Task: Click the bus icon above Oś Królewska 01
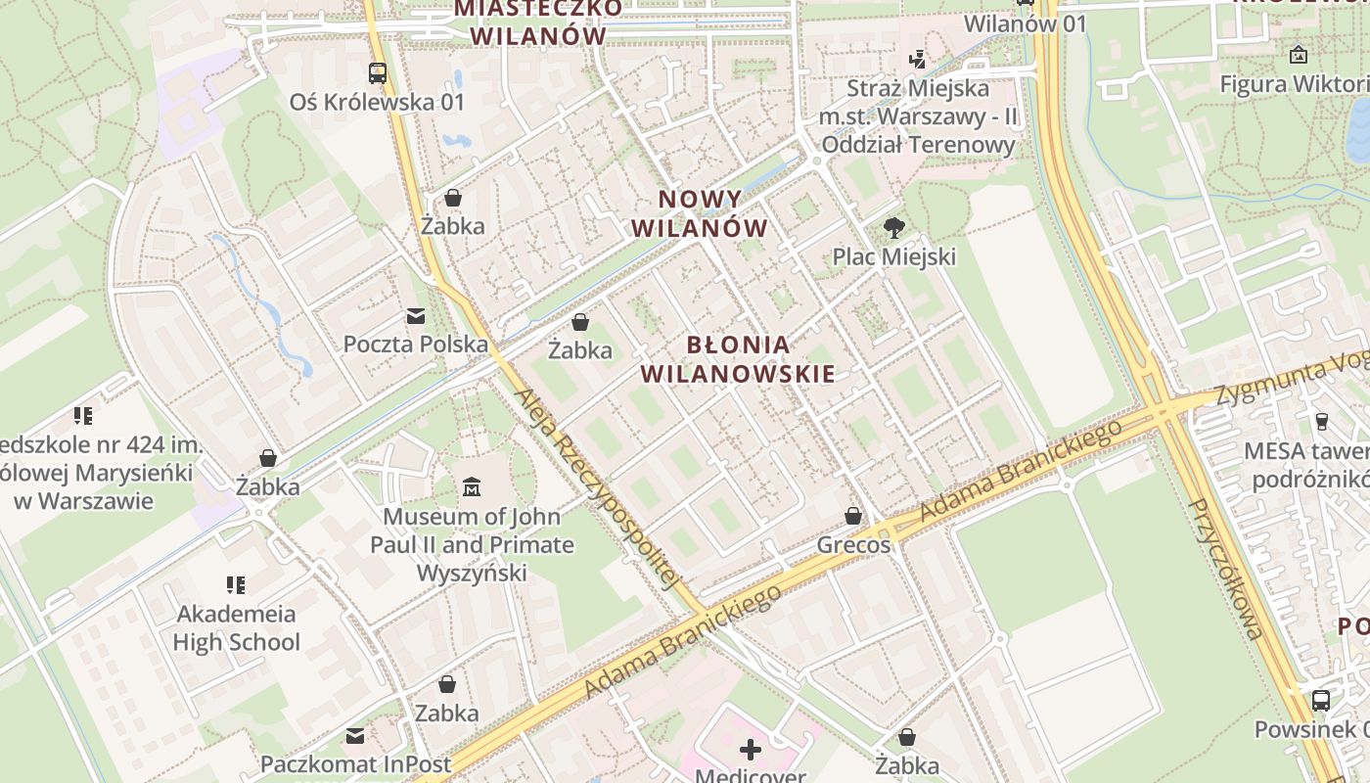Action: [377, 71]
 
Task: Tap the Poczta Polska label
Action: [415, 345]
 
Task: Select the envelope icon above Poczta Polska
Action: [416, 316]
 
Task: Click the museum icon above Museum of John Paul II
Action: [472, 486]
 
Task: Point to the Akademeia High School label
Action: [236, 628]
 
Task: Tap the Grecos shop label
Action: [853, 544]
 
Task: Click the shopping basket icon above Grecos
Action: [853, 516]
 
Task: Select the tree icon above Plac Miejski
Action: [893, 228]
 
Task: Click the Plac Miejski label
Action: [893, 256]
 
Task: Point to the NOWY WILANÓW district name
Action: [699, 213]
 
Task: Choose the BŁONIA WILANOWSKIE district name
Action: [738, 358]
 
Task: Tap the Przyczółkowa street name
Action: [1226, 568]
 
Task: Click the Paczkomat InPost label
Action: [356, 763]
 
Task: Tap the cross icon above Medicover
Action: [751, 750]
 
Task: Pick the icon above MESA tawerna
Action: [1321, 422]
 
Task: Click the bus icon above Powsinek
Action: [1320, 700]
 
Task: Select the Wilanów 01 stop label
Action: [1025, 23]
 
